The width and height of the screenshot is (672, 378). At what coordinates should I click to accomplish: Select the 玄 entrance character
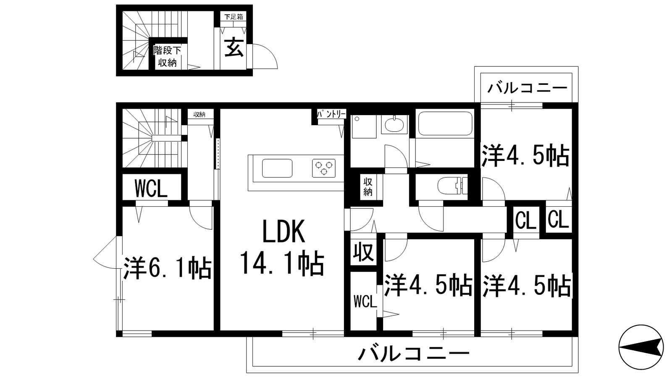click(234, 47)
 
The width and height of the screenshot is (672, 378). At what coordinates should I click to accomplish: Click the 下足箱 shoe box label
click(234, 17)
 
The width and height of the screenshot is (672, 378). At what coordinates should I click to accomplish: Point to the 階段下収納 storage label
click(167, 57)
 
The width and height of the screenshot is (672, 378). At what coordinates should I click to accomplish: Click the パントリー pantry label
click(331, 114)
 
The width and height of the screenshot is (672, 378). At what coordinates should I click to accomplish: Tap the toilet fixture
click(452, 186)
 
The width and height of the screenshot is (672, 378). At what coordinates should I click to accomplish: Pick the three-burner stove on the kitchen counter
click(323, 168)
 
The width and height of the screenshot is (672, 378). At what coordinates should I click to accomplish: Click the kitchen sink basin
click(277, 168)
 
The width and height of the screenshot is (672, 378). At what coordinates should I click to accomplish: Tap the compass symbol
click(641, 346)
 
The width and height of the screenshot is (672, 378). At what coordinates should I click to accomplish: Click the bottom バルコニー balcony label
click(413, 354)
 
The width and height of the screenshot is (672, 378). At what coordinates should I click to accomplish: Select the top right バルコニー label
click(528, 88)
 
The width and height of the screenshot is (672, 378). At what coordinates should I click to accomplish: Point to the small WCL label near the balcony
click(365, 301)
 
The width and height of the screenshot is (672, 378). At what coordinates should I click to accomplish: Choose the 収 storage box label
click(364, 252)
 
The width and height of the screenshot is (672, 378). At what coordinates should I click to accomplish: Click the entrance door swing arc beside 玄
click(265, 56)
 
